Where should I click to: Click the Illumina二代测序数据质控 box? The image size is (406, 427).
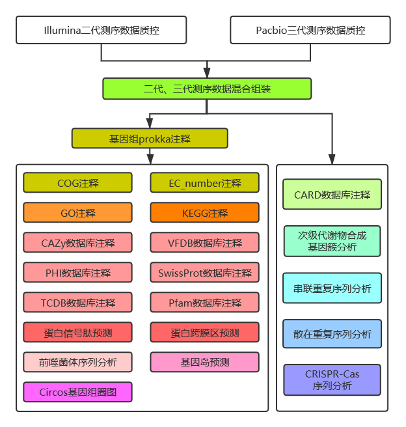tap(101, 30)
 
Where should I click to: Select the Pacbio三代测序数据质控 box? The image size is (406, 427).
tap(310, 30)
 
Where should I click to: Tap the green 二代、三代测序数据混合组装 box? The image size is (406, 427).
tap(207, 89)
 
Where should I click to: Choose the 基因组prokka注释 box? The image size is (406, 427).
tap(150, 139)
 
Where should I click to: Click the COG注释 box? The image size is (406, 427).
tap(77, 183)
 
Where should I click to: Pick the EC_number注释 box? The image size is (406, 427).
tap(204, 183)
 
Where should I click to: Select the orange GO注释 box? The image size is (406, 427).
tap(77, 213)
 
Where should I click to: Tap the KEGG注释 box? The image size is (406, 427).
tap(204, 213)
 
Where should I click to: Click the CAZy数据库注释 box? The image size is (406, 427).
tap(77, 243)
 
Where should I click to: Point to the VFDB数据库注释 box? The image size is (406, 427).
tap(204, 243)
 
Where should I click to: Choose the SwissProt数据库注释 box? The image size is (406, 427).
tap(204, 273)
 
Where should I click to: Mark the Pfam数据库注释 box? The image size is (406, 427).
tap(204, 303)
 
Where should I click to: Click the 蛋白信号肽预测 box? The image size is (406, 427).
tap(77, 333)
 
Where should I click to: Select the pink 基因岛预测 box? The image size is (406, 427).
tap(204, 363)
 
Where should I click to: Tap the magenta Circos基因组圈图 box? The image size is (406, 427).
tap(77, 393)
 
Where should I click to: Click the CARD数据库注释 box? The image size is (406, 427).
tap(332, 195)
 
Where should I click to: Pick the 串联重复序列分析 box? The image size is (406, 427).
tap(332, 288)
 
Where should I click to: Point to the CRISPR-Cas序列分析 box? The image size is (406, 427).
tap(332, 380)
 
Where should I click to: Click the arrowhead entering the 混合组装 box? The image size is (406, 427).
tap(207, 73)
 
